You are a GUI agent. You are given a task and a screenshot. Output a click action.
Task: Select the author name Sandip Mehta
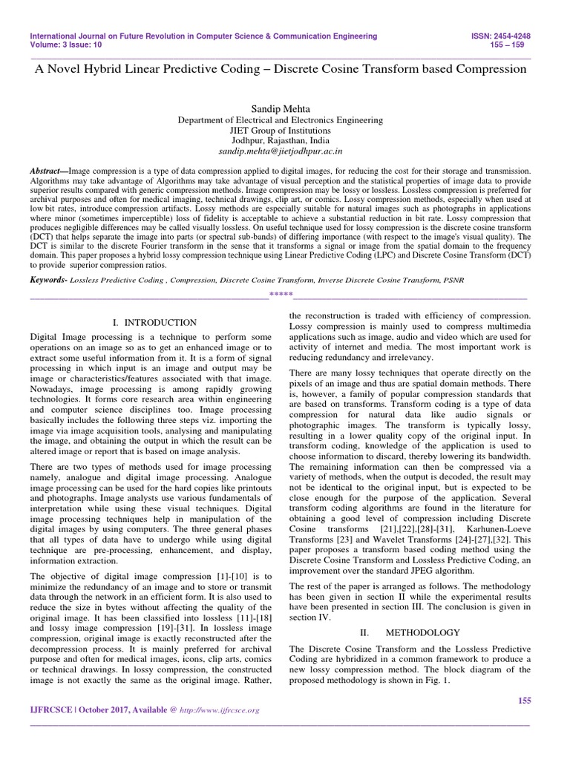click(286, 108)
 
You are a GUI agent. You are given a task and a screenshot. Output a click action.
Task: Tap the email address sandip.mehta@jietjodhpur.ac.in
click(286, 150)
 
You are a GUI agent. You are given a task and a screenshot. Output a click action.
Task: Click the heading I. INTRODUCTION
click(154, 323)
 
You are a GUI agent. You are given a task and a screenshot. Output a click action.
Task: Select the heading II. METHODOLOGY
click(410, 632)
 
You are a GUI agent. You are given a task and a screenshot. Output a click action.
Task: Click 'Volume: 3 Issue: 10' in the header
click(65, 45)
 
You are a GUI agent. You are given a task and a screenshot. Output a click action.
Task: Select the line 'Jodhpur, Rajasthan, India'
click(286, 140)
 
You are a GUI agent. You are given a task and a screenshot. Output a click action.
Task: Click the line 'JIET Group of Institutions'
click(286, 129)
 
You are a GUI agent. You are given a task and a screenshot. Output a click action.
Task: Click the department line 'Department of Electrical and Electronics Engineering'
click(286, 119)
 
